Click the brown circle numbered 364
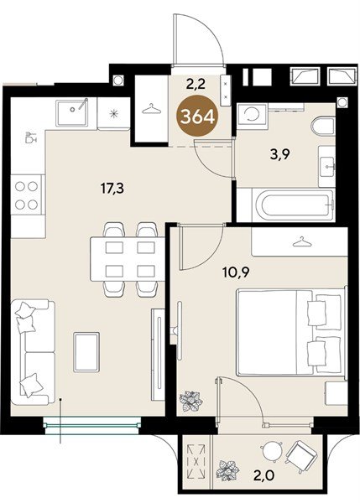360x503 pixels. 197,117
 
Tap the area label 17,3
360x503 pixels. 112,189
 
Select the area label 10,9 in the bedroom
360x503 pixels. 236,272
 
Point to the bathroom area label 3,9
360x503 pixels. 279,155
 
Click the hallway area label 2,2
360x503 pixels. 196,85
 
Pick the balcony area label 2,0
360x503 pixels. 265,475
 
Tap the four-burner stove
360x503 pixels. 27,195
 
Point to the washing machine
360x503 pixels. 252,116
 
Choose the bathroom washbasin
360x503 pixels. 326,167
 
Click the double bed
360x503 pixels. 291,332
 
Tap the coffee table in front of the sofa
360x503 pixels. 86,352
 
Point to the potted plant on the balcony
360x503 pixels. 227,470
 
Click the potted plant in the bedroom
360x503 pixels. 191,401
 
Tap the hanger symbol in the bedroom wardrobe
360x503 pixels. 302,242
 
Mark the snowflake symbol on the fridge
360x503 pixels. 113,113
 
